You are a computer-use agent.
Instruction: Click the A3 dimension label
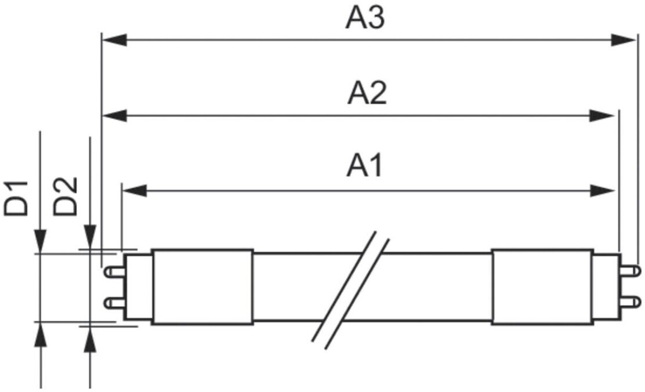[x=365, y=19]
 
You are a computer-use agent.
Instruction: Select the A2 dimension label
[x=367, y=94]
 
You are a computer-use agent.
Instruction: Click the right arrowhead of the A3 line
[x=625, y=40]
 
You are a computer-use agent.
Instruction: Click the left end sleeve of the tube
[x=202, y=286]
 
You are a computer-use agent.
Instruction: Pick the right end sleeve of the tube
[x=542, y=286]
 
